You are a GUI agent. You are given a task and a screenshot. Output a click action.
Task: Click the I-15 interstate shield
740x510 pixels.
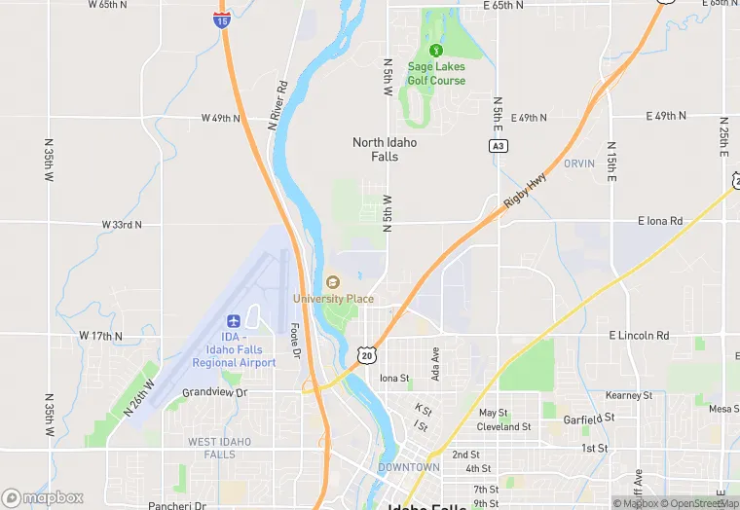click(x=223, y=18)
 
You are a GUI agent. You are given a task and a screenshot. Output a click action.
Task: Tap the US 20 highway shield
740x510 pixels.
click(x=366, y=355)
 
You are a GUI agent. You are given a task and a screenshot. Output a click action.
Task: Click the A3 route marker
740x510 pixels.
click(x=498, y=145)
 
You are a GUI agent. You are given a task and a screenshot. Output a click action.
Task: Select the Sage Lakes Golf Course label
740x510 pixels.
click(x=436, y=74)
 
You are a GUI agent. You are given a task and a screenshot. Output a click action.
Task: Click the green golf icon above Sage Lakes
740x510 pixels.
click(x=436, y=50)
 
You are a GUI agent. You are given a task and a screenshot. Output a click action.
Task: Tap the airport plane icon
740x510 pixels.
click(x=234, y=321)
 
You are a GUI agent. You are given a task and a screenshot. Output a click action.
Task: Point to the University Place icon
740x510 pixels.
click(x=333, y=282)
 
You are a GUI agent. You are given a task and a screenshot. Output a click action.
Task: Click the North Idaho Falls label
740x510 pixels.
click(x=385, y=149)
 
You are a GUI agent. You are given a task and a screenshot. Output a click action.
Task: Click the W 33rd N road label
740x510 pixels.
click(x=122, y=224)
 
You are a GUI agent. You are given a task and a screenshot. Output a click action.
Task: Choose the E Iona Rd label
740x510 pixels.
click(x=660, y=221)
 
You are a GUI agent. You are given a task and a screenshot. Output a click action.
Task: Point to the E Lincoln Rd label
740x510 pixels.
click(x=639, y=336)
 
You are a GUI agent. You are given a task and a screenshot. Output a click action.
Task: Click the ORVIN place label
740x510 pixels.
click(x=578, y=164)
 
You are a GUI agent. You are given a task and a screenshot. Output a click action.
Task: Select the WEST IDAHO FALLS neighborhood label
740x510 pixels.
click(x=219, y=448)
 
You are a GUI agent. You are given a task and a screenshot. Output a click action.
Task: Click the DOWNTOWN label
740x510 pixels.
click(x=408, y=468)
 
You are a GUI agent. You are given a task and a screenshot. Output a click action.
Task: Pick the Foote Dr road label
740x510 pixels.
click(x=294, y=341)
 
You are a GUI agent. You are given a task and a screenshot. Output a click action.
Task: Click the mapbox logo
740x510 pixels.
click(x=44, y=497)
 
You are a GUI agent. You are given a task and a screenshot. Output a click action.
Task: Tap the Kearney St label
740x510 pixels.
click(x=628, y=396)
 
